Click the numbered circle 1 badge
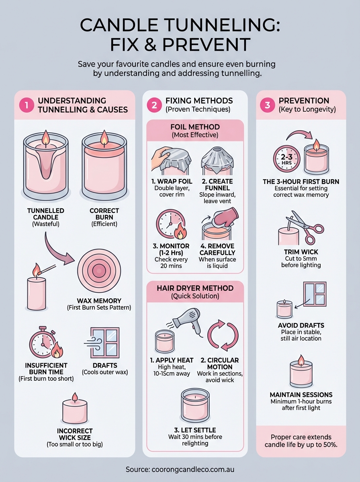27,105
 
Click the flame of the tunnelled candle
45,137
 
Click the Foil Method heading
195,127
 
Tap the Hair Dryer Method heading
195,288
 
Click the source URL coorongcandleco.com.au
180,469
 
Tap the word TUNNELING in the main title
211,25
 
